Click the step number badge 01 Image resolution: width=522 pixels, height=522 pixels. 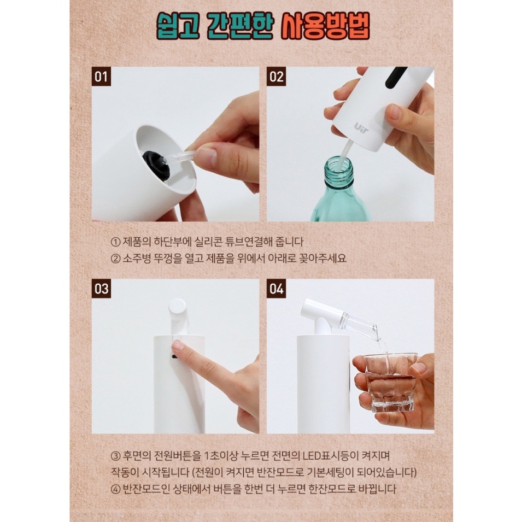pos(101,76)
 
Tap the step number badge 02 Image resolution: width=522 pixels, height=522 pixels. pos(277,76)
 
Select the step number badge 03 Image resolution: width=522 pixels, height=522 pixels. pos(101,288)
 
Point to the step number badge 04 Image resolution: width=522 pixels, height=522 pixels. pos(277,288)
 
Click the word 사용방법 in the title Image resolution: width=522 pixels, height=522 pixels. pos(325,27)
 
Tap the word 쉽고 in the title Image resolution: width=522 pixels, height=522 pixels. pos(178,27)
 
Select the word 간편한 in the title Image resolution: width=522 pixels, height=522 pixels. pos(240,27)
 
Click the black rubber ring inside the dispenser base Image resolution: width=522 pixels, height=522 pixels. pos(156,165)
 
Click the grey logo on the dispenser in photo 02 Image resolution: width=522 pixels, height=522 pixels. pos(361,128)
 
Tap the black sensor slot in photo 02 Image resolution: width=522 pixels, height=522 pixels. pos(396,77)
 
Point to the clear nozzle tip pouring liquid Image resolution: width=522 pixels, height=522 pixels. pos(374,332)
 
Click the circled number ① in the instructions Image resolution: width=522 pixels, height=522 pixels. pos(115,242)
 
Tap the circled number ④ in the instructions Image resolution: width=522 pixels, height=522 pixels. pos(115,489)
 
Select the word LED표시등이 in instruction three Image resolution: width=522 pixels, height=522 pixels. pos(330,455)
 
